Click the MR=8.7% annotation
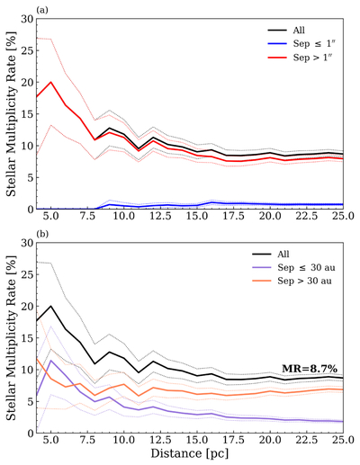click(x=310, y=369)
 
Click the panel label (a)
click(x=41, y=11)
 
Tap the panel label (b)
click(x=41, y=234)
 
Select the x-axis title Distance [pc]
click(x=190, y=453)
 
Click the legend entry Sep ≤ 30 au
click(x=293, y=267)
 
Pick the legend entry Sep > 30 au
click(x=292, y=281)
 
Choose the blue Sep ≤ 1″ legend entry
click(x=301, y=43)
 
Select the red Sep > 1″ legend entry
click(x=301, y=57)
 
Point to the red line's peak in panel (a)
click(x=51, y=82)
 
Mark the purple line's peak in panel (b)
click(x=51, y=361)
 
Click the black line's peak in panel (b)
click(x=51, y=306)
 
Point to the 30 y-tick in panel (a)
click(x=27, y=19)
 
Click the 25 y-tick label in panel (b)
click(x=27, y=274)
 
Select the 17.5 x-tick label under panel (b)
click(x=233, y=440)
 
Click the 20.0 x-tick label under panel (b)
click(x=270, y=440)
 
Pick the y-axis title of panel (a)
click(x=12, y=113)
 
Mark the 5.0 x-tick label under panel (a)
click(x=51, y=216)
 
